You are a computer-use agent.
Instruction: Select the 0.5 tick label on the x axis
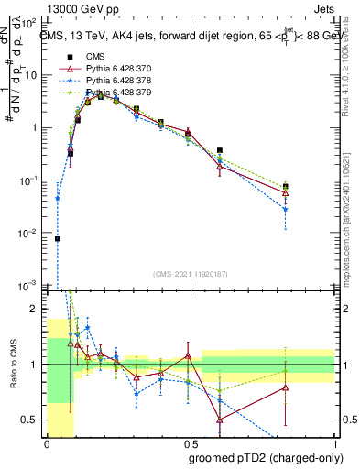[x=191, y=444]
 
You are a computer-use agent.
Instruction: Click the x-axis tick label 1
[x=335, y=444]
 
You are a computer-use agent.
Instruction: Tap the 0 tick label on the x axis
[x=47, y=444]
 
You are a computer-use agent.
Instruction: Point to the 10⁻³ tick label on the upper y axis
[x=30, y=286]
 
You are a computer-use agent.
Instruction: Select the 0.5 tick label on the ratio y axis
[x=33, y=420]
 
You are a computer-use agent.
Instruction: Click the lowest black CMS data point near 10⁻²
[x=58, y=238]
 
